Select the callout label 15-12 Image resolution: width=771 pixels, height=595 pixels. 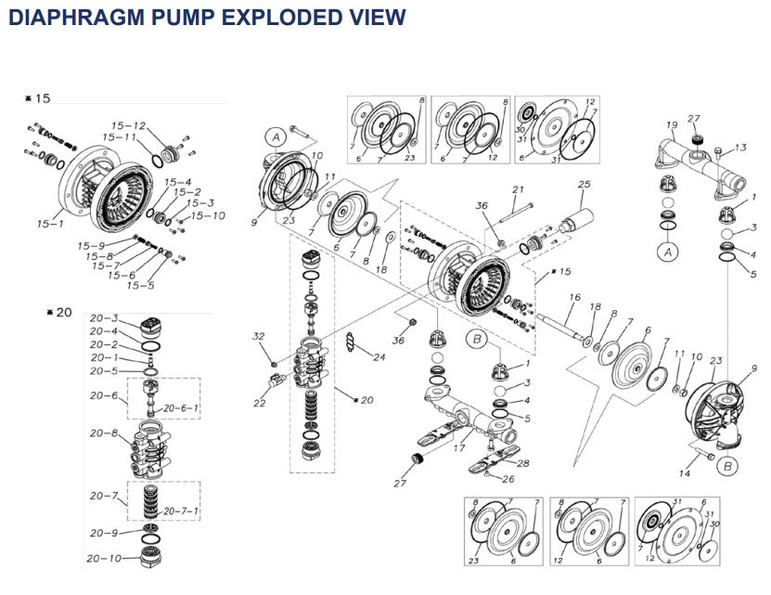129,126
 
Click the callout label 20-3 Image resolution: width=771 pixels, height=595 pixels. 103,318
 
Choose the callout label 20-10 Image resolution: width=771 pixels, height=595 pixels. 105,559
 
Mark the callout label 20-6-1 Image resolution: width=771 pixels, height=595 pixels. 182,407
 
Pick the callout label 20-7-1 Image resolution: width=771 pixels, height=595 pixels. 182,511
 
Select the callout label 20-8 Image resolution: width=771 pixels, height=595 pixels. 103,433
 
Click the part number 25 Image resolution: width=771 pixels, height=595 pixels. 584,185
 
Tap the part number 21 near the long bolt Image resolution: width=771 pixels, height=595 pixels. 519,189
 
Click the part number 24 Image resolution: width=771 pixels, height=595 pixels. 379,357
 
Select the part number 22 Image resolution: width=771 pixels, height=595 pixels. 259,403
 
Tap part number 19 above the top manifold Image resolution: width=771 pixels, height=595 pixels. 672,125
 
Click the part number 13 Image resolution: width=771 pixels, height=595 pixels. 740,148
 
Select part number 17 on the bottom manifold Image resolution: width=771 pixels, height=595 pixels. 458,448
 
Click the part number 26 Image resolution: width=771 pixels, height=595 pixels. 508,479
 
